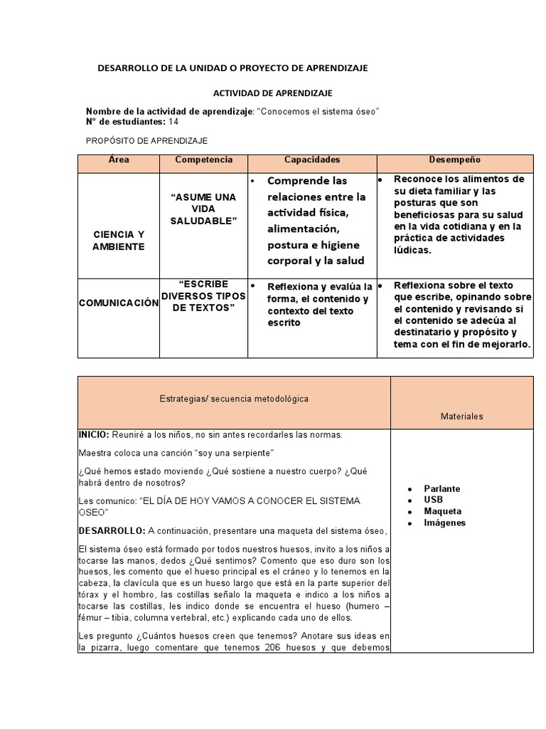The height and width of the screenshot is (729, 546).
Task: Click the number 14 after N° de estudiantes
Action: click(173, 122)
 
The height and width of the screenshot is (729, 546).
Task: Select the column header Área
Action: click(119, 160)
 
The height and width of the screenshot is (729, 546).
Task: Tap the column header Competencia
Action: click(204, 160)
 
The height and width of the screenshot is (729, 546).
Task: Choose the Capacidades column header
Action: click(312, 160)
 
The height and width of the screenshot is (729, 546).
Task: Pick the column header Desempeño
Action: click(455, 160)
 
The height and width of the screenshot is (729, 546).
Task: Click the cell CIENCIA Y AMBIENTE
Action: click(119, 241)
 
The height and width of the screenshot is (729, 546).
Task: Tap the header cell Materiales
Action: click(462, 416)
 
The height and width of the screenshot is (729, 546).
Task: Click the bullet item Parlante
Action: click(441, 488)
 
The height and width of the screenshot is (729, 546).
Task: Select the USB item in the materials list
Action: click(433, 500)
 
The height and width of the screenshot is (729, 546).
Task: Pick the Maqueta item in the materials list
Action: click(442, 511)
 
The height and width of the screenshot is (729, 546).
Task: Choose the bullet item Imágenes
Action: click(444, 523)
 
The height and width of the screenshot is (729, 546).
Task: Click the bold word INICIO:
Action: click(94, 434)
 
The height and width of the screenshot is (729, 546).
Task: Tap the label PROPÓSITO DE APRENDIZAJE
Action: click(146, 141)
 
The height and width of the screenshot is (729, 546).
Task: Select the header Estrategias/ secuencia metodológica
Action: click(234, 399)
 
